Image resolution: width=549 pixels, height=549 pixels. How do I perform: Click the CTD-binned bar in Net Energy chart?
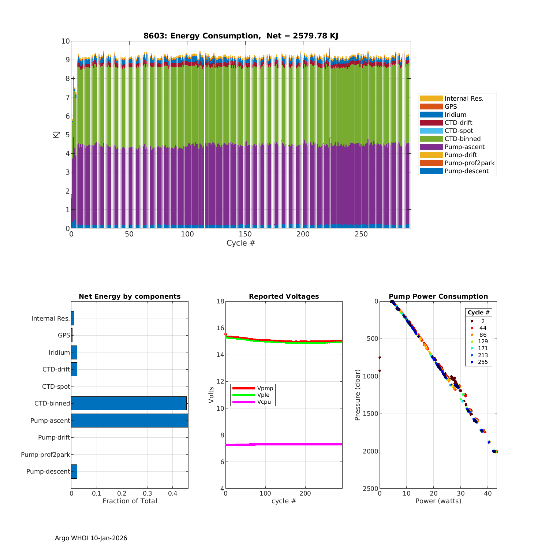(129, 403)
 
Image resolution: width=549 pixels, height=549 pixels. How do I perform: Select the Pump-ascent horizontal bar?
(130, 421)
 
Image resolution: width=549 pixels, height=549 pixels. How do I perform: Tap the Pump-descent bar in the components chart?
(74, 471)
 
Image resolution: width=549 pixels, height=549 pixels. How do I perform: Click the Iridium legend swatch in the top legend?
(431, 115)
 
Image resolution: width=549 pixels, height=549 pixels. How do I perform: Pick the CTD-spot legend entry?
(459, 131)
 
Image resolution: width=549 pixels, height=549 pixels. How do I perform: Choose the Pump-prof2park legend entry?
(469, 163)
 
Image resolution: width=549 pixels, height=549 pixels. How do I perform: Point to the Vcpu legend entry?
(264, 402)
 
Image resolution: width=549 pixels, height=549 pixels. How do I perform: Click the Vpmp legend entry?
(265, 388)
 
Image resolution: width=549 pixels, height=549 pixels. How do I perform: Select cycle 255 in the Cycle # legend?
(483, 362)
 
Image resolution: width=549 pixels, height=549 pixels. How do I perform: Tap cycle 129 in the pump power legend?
(483, 341)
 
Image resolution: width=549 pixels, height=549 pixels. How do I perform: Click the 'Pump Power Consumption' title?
(438, 296)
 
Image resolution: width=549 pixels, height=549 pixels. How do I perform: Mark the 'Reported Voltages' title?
(284, 296)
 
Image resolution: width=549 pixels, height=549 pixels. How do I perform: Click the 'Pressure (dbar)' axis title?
(358, 395)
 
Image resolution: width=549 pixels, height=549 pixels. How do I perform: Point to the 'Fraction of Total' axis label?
(130, 501)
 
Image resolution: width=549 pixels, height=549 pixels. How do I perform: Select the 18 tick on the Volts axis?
(220, 301)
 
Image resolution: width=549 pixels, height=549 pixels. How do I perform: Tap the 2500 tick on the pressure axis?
(371, 489)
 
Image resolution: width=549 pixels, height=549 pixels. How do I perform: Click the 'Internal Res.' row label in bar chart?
(51, 318)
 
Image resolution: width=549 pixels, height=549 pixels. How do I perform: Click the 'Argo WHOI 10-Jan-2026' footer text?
(91, 538)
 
